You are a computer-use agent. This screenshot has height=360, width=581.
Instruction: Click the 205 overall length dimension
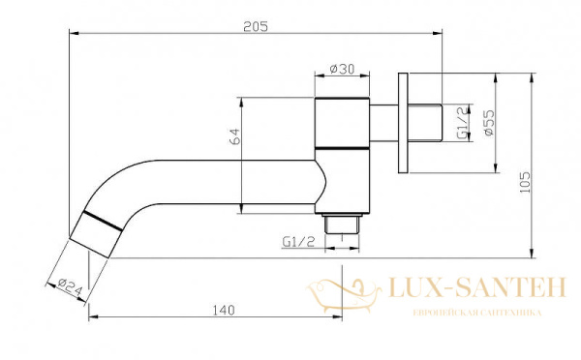[x=256, y=27]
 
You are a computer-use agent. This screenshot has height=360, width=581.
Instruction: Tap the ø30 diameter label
[x=342, y=69]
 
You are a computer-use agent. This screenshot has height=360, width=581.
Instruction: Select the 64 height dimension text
[x=234, y=136]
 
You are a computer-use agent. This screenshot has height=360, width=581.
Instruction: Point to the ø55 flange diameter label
[x=489, y=123]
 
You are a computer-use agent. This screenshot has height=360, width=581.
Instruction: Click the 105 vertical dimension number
[x=525, y=182]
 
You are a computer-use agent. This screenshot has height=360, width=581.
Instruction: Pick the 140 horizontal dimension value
[x=224, y=310]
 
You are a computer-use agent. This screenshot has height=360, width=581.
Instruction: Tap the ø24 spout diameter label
[x=70, y=287]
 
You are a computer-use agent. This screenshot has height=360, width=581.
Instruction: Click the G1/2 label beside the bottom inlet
[x=298, y=242]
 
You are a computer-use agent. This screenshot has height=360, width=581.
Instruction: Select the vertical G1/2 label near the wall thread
[x=462, y=123]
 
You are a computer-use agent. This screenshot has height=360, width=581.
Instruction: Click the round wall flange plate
[x=403, y=123]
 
